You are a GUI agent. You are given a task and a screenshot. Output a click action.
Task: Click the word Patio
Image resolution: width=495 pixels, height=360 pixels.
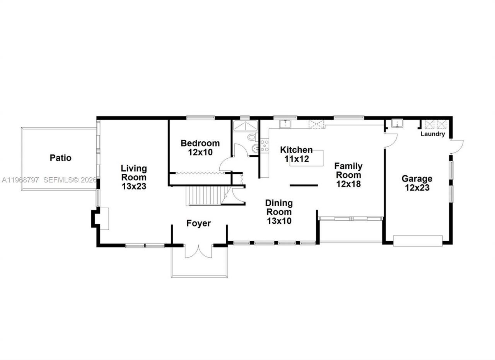(61, 158)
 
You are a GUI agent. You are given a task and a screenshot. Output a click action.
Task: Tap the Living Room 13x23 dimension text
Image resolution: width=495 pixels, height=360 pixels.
(134, 186)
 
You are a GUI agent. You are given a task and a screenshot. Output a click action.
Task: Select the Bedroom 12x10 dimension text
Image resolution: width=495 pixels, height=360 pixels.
(200, 152)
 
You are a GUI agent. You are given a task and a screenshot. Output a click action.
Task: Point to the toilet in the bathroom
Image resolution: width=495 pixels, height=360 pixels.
(252, 137)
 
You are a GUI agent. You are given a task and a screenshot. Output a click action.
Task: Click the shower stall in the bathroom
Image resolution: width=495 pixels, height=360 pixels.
(245, 126)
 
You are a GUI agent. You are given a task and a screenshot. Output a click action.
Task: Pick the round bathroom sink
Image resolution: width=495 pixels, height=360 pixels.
(254, 148)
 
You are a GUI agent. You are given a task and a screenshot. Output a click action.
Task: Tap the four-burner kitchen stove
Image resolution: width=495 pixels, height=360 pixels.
(265, 146)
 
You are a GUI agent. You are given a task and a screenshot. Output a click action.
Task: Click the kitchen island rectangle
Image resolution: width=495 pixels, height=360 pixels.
(306, 158)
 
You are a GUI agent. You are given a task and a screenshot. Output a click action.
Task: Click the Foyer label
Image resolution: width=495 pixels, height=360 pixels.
(198, 223)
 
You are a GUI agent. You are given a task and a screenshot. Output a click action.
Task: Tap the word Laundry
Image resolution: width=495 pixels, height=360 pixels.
(432, 134)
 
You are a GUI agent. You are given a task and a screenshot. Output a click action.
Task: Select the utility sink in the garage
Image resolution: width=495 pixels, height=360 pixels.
(397, 123)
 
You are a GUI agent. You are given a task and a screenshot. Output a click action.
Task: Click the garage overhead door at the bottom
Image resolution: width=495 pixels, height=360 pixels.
(418, 241)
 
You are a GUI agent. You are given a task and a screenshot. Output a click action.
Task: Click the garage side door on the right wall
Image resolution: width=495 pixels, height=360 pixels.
(457, 146)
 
